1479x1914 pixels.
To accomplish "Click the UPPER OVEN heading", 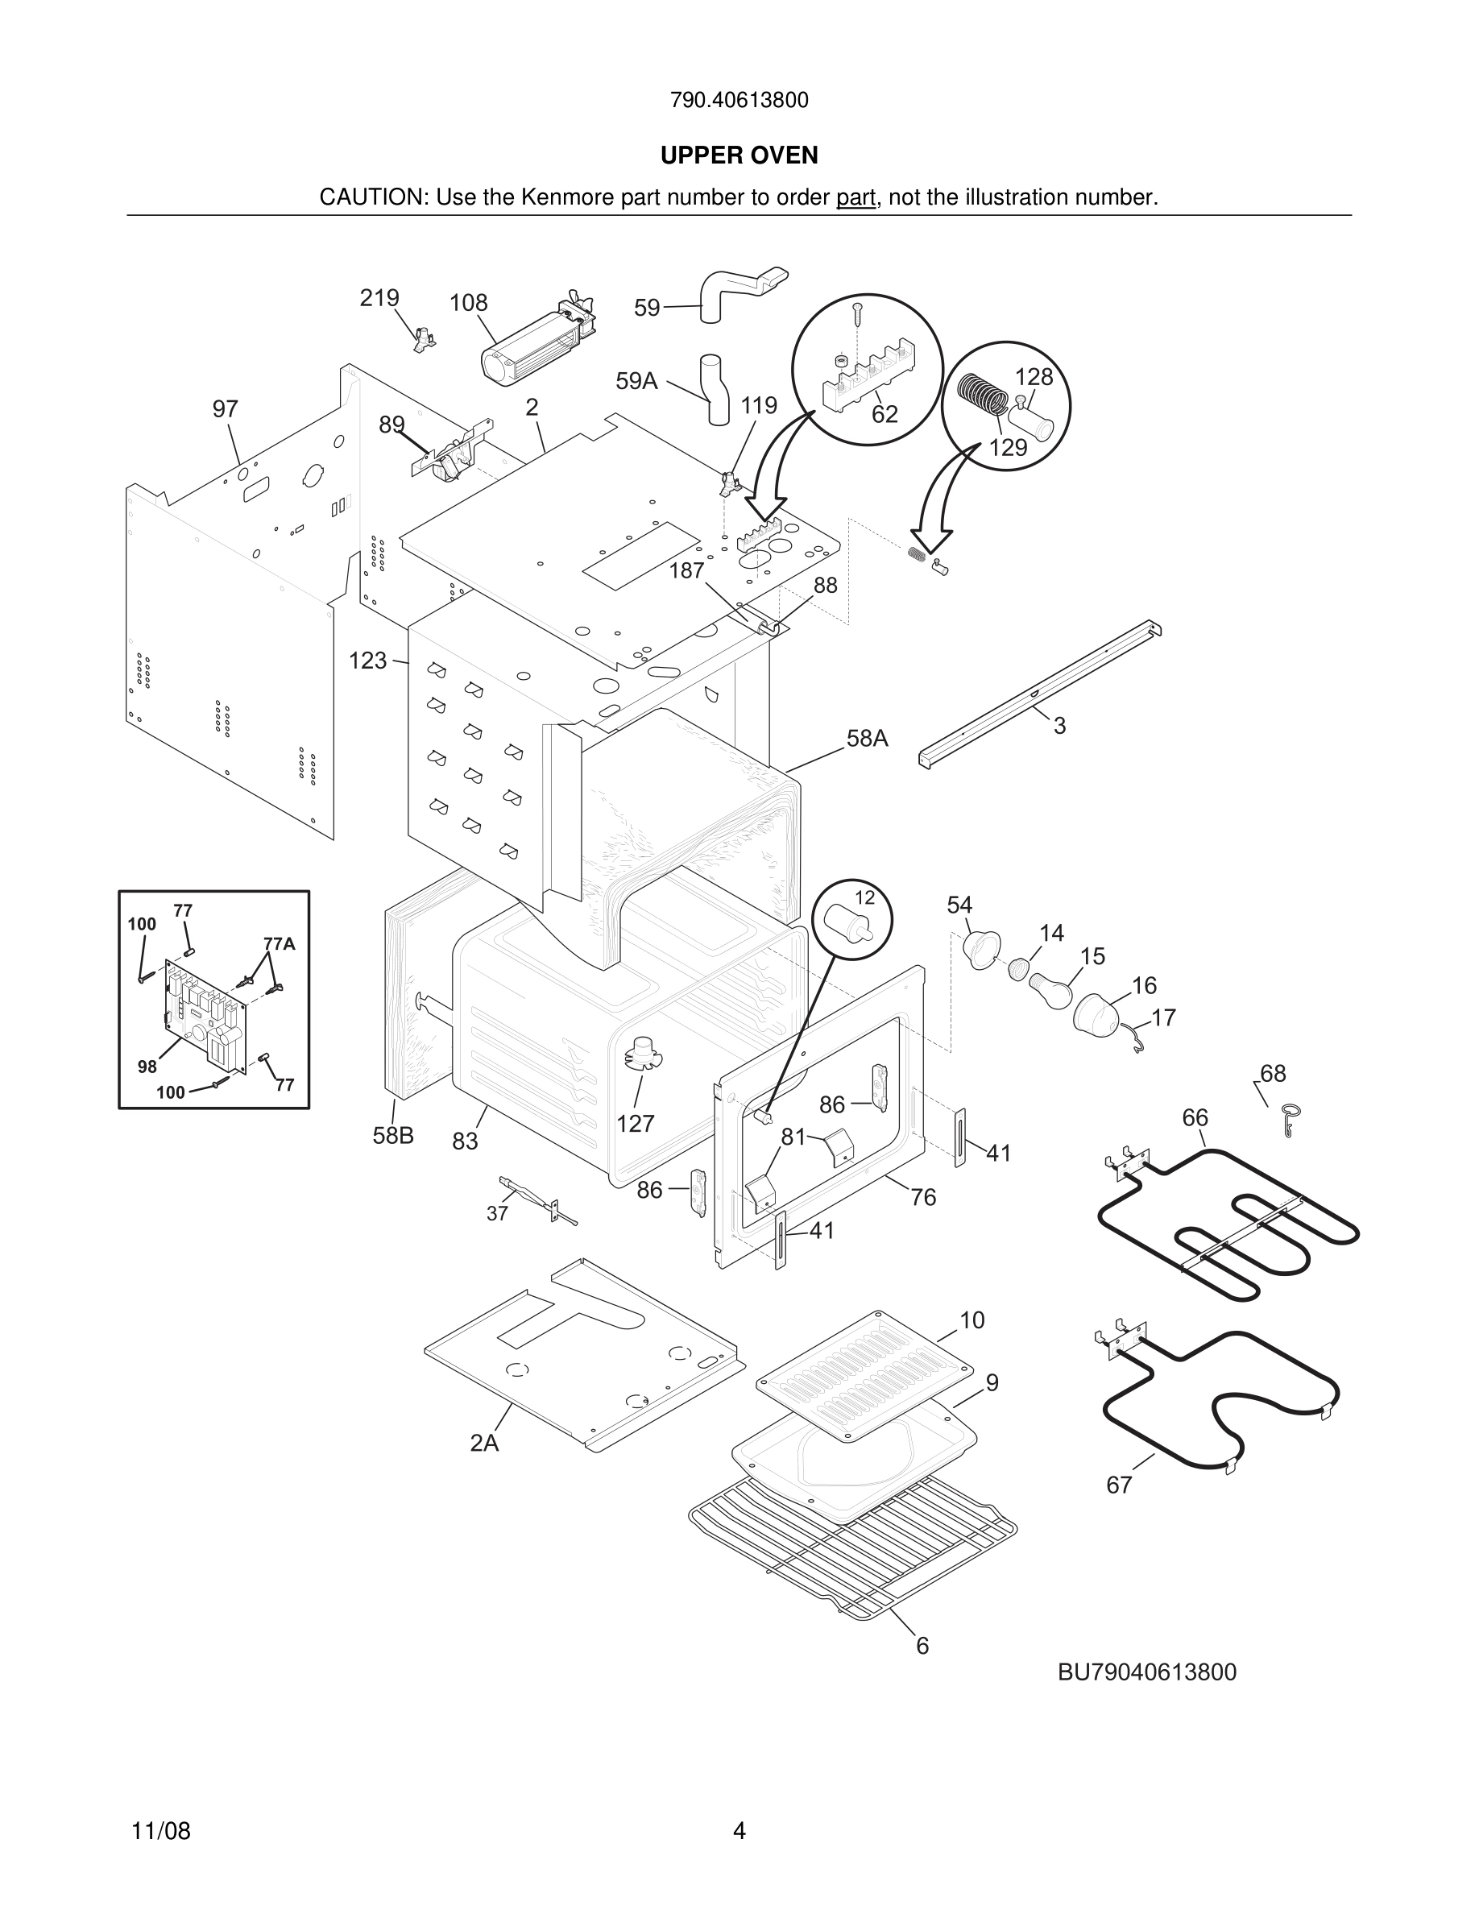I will tap(739, 155).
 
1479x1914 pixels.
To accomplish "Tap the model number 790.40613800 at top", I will tap(739, 100).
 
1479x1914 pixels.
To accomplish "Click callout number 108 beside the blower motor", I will tap(468, 303).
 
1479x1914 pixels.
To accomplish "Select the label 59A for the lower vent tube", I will tap(636, 380).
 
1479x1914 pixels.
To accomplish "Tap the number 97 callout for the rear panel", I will tap(226, 409).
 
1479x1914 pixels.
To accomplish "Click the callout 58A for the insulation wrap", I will tap(867, 739).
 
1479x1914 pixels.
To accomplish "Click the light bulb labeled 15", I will tap(1051, 988).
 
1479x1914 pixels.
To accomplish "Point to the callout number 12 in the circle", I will tap(865, 897).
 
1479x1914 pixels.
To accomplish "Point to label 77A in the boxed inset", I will tap(280, 944).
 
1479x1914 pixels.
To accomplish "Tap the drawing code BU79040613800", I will tap(1147, 1672).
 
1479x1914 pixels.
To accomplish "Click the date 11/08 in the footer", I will tap(161, 1831).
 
